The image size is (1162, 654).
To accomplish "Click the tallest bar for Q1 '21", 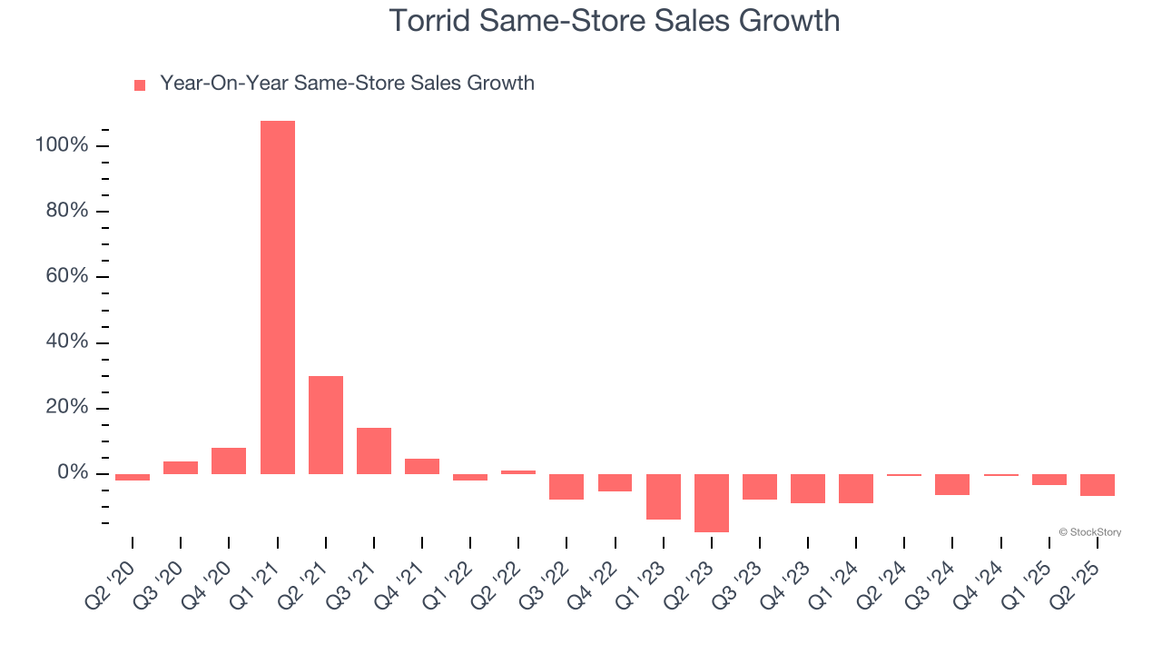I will click(x=277, y=297).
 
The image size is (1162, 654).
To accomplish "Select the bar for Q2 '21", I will click(x=326, y=424).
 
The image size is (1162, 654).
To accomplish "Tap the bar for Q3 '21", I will click(x=374, y=451).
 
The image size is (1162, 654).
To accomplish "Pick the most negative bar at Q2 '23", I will click(x=712, y=502).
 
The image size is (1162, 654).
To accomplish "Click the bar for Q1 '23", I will click(x=664, y=496).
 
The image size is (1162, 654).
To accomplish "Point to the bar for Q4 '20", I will click(x=229, y=461).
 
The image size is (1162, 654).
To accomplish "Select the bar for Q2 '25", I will click(x=1098, y=484).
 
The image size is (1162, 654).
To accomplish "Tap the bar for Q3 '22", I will click(x=566, y=486).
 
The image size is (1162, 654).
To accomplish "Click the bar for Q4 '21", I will click(x=422, y=466).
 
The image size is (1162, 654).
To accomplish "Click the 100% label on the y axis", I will click(x=61, y=146).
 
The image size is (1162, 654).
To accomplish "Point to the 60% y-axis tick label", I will click(x=65, y=277).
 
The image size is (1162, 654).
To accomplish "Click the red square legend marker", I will click(x=140, y=85).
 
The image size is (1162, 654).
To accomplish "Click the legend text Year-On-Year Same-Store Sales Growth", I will click(x=347, y=84).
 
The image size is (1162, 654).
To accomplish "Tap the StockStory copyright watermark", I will click(x=1089, y=532).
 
